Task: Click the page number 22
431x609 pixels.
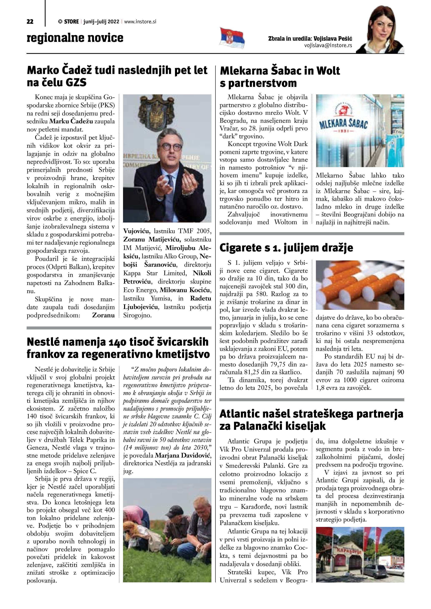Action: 30,22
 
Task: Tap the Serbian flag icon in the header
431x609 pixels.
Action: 232,38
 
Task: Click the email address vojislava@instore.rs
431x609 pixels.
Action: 328,45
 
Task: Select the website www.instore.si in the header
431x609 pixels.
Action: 140,22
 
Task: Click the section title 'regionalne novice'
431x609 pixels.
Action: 75,38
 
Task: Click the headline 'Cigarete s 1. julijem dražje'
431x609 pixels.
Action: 286,248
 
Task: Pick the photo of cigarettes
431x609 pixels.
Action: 360,285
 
